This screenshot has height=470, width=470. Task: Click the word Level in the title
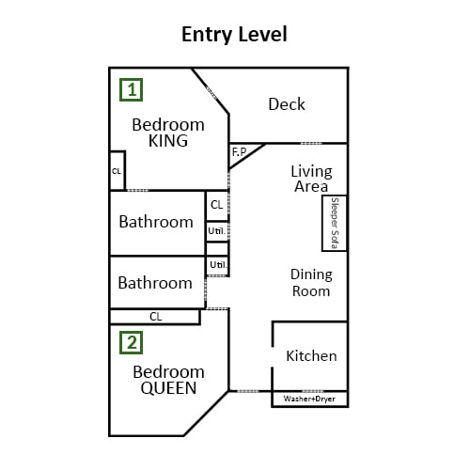coord(260,34)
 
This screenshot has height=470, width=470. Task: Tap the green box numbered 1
coord(132,90)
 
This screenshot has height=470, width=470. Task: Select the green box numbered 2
coord(132,343)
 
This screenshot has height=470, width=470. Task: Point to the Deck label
coord(287,104)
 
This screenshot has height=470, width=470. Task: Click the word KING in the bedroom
coord(168,141)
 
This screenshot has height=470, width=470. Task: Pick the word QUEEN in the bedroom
coord(168,388)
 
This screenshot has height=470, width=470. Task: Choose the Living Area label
coord(311,179)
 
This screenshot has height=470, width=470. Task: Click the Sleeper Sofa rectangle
coord(335,223)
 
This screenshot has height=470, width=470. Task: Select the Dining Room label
coord(311,283)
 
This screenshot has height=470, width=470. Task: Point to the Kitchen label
coord(311,356)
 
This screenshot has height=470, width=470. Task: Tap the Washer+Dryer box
coord(309,399)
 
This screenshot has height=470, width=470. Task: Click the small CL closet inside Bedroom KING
coord(117,171)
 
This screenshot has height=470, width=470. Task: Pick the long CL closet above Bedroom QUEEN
coord(155,317)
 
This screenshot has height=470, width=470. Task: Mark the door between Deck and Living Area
coord(311,144)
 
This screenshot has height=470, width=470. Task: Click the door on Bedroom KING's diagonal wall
coord(211,93)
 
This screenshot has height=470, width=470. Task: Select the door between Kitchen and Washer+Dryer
coord(312,391)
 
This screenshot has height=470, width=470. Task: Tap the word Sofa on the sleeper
coord(335,240)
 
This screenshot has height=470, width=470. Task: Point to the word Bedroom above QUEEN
coord(168,372)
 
